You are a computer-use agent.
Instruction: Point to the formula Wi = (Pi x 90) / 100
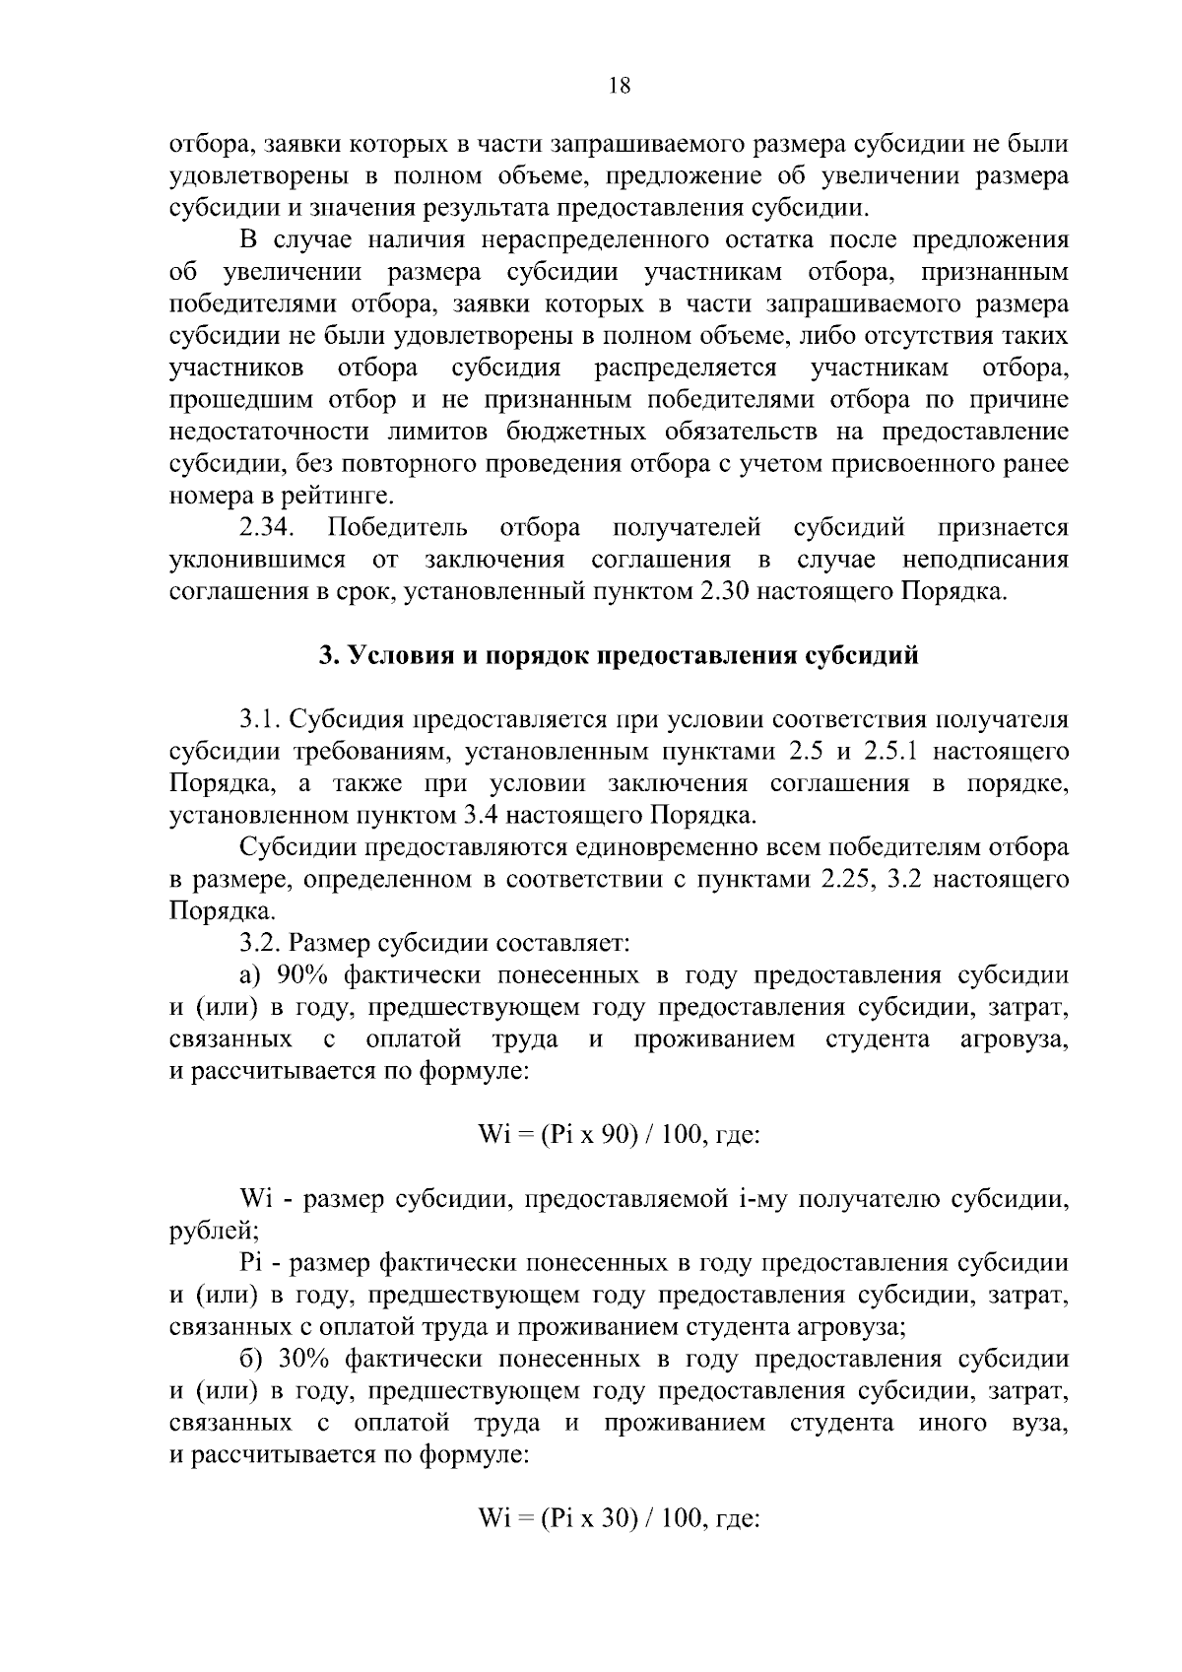click(x=589, y=1134)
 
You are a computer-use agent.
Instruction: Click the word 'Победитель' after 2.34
click(x=398, y=528)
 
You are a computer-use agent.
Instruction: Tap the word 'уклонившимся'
click(x=257, y=560)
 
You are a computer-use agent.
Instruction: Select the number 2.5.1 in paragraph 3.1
click(x=889, y=752)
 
